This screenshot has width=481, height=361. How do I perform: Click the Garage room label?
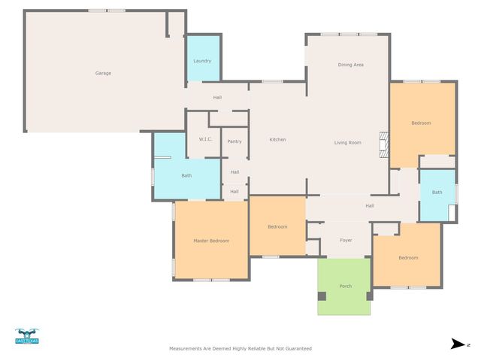pos(103,73)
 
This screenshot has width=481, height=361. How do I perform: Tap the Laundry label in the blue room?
pos(202,61)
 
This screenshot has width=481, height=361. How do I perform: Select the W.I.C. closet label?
pos(205,140)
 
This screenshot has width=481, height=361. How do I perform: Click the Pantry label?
pos(234,141)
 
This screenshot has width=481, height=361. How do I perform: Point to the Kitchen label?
pos(277,139)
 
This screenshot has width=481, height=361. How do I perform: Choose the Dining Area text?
pos(350,65)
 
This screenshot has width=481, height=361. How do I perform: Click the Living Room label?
pos(348,142)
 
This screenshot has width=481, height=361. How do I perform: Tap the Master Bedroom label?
pos(211,241)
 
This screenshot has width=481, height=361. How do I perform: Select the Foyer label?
pos(346,241)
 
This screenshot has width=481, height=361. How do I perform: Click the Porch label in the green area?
pos(346,287)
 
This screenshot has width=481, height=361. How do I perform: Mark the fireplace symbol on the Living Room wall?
pos(384,144)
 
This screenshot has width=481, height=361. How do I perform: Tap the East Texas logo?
pos(26,336)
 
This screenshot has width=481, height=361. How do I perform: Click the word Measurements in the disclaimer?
pos(186,349)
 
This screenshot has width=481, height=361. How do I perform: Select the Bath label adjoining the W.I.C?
pos(186,176)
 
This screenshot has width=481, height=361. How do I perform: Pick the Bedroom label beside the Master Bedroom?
pos(277,226)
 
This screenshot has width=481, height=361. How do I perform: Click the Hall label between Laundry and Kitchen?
pos(217,97)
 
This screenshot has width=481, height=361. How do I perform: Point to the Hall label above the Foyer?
pos(370,205)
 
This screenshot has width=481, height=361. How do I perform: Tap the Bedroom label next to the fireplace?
pos(421,123)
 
